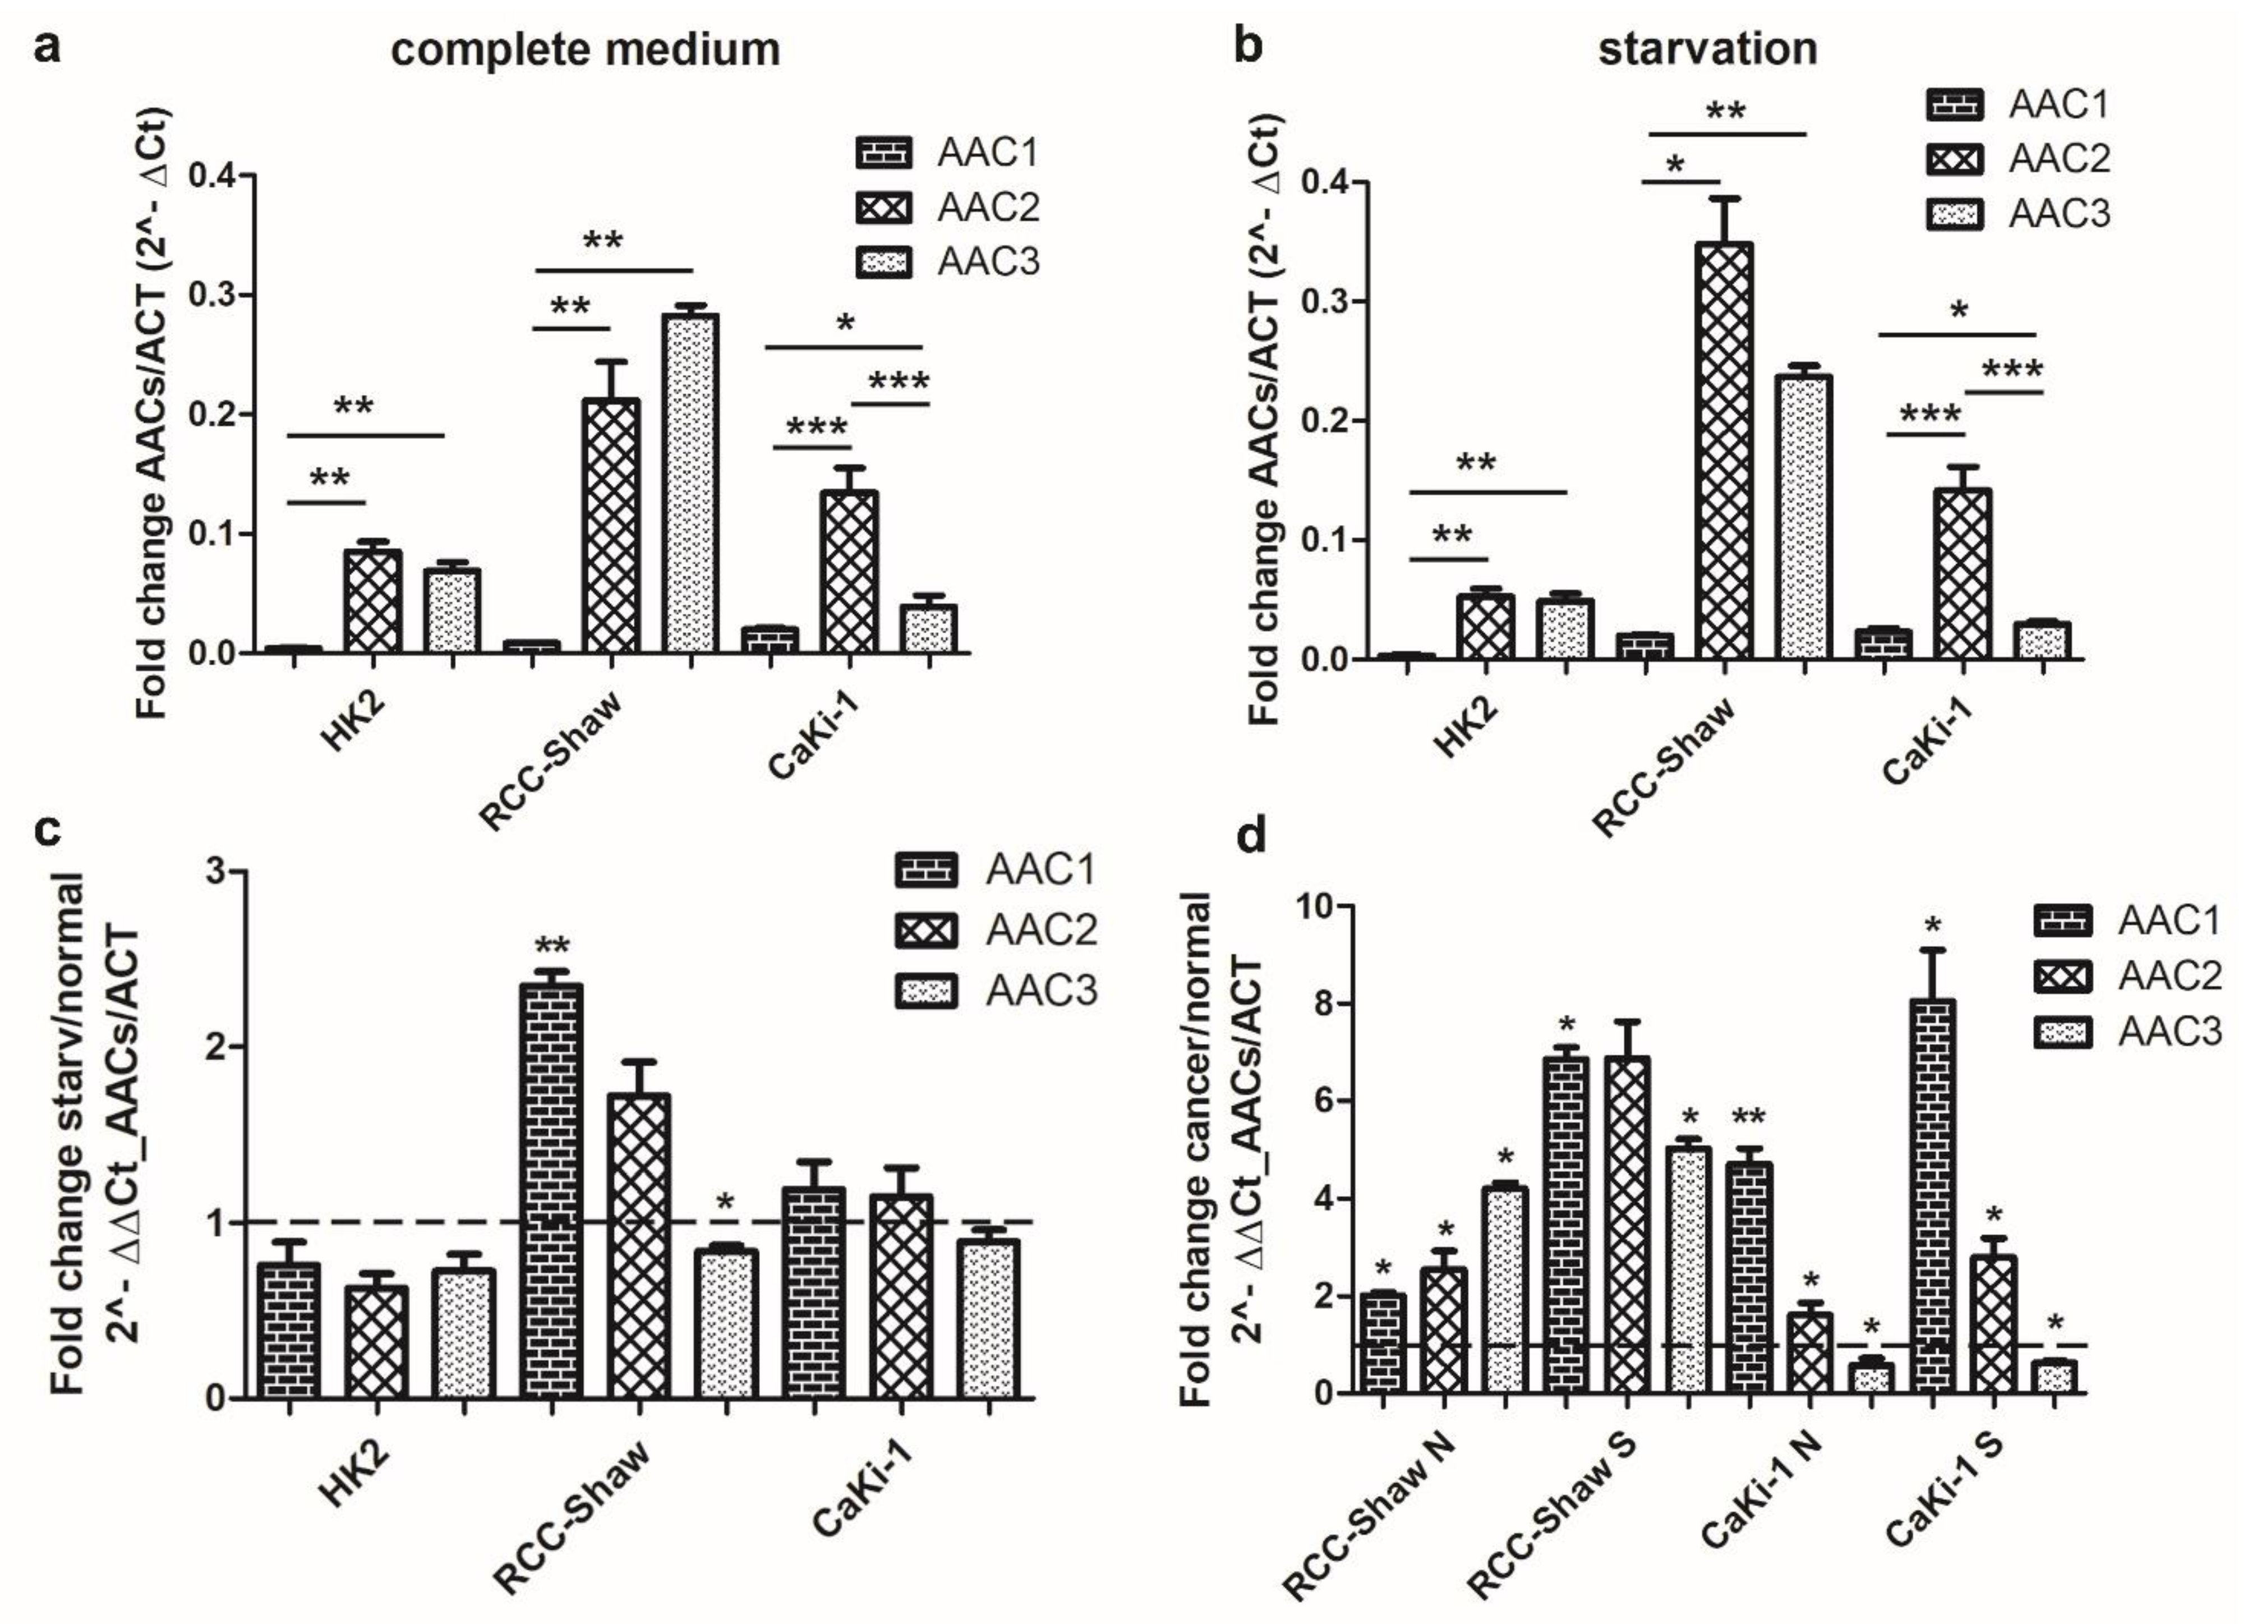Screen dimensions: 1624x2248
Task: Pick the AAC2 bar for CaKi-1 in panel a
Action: (x=849, y=572)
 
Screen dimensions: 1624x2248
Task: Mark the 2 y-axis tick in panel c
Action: (x=211, y=1047)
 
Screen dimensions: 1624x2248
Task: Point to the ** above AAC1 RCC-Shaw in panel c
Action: (x=552, y=944)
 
